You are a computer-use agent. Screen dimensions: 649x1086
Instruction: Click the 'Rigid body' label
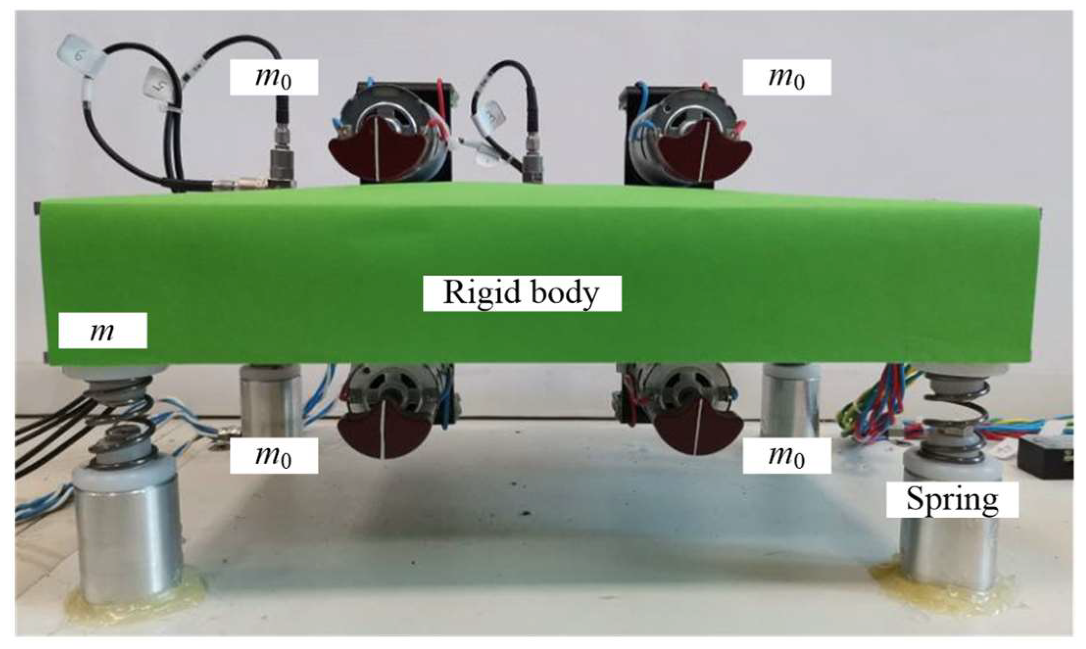[x=522, y=293]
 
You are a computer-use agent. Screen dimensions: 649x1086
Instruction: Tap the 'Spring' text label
[x=952, y=500]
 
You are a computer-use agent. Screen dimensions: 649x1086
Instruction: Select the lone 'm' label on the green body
[x=102, y=331]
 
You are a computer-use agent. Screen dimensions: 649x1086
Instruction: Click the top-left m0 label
[x=273, y=77]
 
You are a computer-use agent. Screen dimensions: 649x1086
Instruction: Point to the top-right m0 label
[x=786, y=77]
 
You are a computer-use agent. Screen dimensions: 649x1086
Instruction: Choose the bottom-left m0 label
[x=273, y=456]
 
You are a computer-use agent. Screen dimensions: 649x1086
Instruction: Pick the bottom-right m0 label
[x=786, y=456]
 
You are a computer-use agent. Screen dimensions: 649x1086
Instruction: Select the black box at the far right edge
[x=1046, y=458]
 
